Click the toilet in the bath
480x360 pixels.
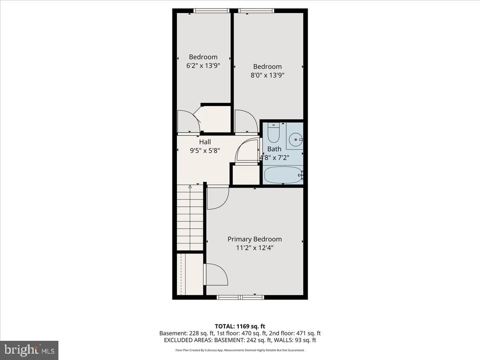273,133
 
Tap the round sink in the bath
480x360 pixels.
296,140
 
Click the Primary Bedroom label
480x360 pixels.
254,239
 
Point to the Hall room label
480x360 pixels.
205,142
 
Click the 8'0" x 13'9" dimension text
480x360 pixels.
267,75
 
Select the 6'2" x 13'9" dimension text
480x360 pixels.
203,66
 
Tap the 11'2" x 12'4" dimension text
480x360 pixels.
254,248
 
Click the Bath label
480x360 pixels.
274,149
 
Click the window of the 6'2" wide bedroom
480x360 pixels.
211,11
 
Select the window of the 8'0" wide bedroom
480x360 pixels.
256,11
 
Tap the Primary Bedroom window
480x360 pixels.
240,297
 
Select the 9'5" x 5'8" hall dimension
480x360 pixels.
205,151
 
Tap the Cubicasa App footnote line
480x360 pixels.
240,350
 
